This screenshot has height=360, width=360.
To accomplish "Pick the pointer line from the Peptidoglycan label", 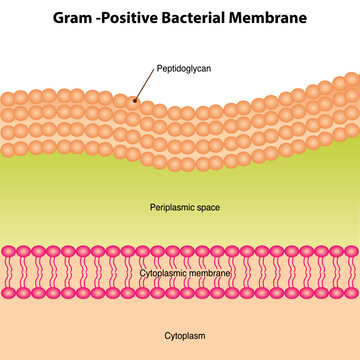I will tap(145, 87).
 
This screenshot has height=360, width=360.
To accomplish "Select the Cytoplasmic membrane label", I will tap(186, 272).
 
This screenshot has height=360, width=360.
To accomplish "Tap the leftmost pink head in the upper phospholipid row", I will tap(8, 251).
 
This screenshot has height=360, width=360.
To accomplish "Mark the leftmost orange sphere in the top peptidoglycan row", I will tap(6, 98).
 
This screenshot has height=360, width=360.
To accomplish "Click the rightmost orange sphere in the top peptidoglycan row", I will tap(352, 79).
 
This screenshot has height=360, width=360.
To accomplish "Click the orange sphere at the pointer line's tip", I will tap(132, 102).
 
